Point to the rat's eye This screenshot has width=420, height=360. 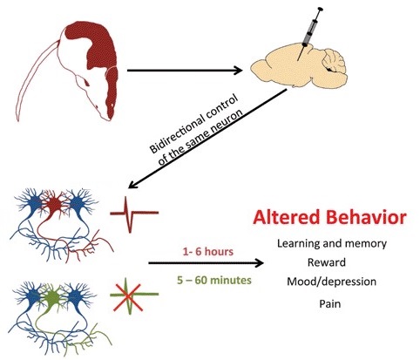87,83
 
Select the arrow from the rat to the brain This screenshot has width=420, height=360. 185,71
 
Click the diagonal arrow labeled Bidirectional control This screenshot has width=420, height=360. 207,139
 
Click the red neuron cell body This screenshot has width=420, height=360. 54,204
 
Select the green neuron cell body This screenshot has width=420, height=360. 52,297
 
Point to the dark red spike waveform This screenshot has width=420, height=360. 134,214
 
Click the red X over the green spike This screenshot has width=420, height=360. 127,297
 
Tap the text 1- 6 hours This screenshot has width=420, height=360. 208,251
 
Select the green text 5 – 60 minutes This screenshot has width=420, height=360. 214,281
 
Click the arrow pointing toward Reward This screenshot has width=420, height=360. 206,263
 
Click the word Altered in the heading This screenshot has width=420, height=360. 286,217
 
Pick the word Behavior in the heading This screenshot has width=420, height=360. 366,217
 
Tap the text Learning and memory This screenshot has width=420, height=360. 332,243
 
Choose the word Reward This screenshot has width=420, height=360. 327,262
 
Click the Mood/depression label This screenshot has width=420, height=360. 331,282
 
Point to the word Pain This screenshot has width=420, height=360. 330,304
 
